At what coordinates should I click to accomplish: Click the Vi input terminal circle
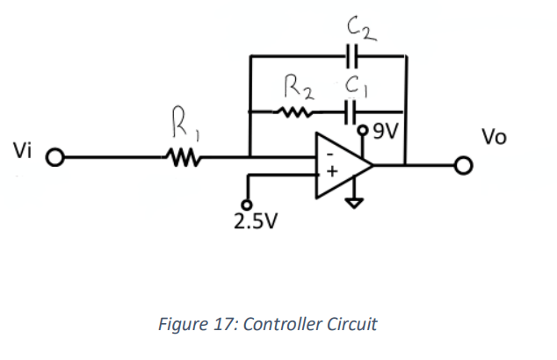[x=55, y=157]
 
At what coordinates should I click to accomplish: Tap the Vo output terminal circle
[x=464, y=165]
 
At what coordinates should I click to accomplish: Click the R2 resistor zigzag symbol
[x=293, y=112]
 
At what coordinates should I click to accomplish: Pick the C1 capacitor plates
[x=351, y=112]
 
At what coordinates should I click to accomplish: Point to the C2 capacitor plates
[x=351, y=56]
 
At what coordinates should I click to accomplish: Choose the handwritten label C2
[x=361, y=29]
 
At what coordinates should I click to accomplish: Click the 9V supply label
[x=387, y=132]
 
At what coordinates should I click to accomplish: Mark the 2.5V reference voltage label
[x=256, y=221]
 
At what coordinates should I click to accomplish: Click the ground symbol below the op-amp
[x=354, y=203]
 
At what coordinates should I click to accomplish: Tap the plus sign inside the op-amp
[x=332, y=172]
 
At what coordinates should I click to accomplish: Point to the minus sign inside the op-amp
[x=330, y=154]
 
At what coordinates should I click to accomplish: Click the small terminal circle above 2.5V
[x=247, y=205]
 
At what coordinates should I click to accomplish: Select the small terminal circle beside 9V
[x=363, y=130]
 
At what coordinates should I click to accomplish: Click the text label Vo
[x=494, y=137]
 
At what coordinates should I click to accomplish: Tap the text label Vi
[x=22, y=150]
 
